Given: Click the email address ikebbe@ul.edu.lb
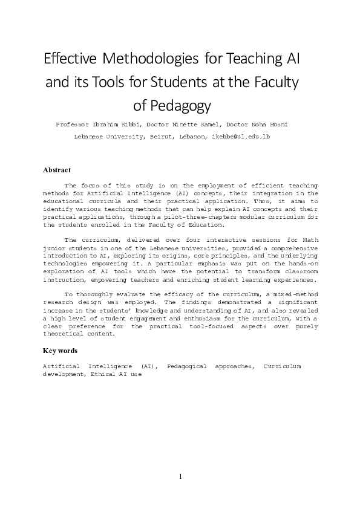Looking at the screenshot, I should (x=240, y=137).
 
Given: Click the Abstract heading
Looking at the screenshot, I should (x=57, y=170).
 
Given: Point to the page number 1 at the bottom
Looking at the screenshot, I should (x=180, y=477).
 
